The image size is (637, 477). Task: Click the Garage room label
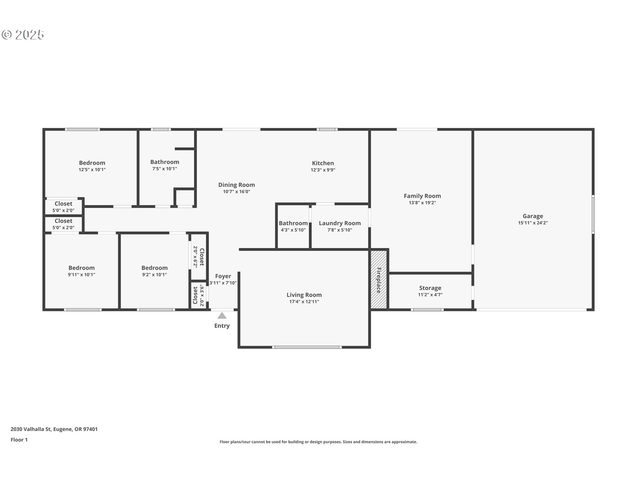coord(532,216)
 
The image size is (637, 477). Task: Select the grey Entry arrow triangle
coord(222,316)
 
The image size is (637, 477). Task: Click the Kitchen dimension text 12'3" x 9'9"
coord(323,170)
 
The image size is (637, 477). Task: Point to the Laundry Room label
coord(339,223)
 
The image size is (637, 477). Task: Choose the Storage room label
coord(430,288)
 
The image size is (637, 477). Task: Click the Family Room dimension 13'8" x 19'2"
coord(422,203)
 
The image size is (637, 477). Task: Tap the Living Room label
coord(304,295)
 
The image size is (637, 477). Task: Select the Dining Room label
coord(236,185)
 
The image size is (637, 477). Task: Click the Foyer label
coord(223,276)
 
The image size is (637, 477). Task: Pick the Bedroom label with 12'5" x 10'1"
coord(92,163)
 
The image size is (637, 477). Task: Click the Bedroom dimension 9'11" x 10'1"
coord(81,275)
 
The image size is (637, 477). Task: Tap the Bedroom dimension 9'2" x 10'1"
coord(154,275)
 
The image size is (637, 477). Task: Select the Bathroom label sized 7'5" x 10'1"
coord(165,162)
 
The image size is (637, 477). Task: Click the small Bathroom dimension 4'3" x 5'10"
coord(293,230)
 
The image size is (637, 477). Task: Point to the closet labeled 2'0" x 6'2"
coord(199,257)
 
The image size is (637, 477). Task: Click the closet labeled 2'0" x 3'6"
coord(198,295)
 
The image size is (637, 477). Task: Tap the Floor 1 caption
coord(19,440)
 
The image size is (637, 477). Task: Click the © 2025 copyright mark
coord(23,35)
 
